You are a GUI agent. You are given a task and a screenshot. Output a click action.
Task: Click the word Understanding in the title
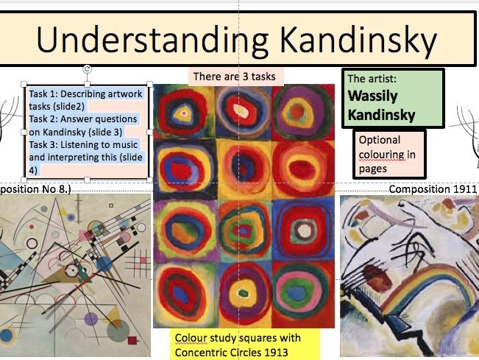tap(152, 40)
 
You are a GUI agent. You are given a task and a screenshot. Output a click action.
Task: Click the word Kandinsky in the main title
tap(358, 40)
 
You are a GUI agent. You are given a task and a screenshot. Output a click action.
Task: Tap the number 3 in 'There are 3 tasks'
tap(245, 77)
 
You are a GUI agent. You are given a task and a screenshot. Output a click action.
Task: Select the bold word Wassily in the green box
tap(373, 96)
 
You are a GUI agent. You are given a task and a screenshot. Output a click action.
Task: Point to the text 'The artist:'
tap(372, 79)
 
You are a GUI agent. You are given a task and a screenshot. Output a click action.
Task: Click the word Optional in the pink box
tap(380, 140)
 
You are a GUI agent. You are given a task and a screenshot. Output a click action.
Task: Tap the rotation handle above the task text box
tap(87, 69)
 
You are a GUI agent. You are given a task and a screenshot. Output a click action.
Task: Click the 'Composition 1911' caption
tap(433, 189)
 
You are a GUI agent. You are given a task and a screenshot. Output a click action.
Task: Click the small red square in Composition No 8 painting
tap(132, 340)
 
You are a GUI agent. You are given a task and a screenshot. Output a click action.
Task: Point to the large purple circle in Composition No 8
tap(91, 320)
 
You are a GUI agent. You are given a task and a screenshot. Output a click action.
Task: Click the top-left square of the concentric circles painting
tap(184, 112)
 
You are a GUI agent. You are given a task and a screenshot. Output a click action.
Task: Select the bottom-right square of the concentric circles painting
tap(303, 294)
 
